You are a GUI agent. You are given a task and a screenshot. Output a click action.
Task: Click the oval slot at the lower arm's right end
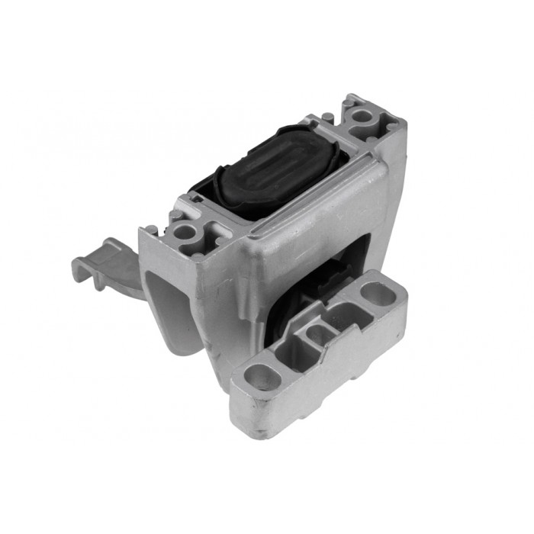374,291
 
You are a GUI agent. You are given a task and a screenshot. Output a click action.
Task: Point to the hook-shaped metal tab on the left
107,260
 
